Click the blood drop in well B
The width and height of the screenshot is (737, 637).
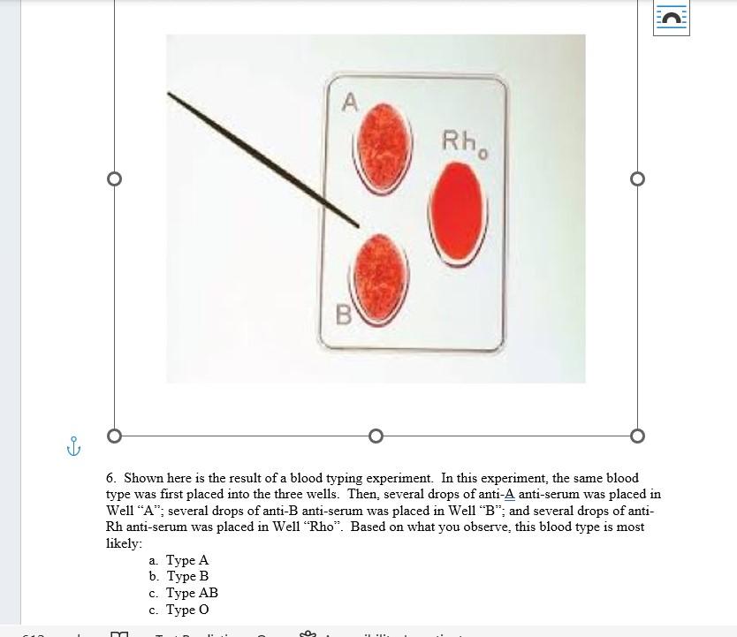[382, 273]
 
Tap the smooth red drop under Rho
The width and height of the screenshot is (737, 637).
[457, 212]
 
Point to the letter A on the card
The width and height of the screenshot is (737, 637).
[350, 103]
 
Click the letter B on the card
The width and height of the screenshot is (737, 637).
[343, 315]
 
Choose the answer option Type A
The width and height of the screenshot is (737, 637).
[186, 560]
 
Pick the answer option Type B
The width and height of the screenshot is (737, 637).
[186, 576]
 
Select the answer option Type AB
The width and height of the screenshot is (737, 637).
[191, 593]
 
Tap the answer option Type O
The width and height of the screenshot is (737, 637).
[186, 610]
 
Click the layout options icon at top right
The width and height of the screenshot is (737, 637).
[671, 18]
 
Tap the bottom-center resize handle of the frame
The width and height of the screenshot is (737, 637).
[376, 436]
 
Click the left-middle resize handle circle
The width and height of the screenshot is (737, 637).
[114, 179]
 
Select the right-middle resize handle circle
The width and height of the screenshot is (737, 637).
[637, 179]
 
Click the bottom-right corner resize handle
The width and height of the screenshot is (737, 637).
[637, 436]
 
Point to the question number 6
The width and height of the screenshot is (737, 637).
[110, 478]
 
